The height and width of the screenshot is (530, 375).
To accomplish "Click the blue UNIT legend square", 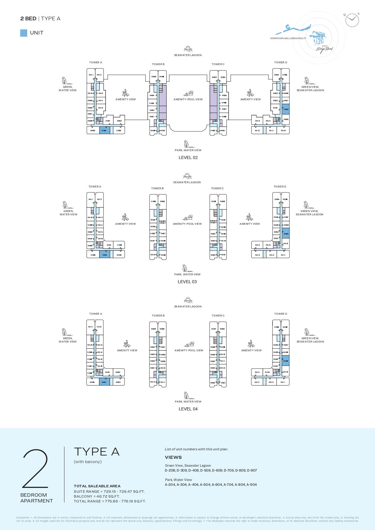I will (24, 33).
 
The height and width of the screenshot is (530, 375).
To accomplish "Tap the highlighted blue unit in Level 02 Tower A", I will (104, 130).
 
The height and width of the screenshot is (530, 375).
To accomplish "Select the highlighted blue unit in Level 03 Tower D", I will (285, 234).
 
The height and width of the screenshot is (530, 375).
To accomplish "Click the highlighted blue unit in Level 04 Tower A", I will (104, 382).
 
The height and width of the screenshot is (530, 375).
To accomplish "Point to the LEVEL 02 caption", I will (188, 157).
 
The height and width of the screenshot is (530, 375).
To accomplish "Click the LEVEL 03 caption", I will (187, 282).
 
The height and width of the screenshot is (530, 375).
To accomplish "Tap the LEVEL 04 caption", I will (188, 409).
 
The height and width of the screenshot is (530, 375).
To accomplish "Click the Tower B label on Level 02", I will (158, 64).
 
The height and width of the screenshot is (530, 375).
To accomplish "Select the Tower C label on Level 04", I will (218, 316).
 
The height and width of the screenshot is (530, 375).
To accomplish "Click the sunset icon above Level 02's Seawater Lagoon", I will (188, 48).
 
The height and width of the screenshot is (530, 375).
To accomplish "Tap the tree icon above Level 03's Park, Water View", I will (185, 268).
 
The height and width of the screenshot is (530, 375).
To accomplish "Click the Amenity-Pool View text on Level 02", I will (188, 99).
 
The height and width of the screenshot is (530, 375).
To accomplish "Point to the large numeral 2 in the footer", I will (35, 469).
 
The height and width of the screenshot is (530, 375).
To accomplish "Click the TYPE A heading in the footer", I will (97, 452).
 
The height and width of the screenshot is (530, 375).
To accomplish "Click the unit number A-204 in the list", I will (170, 485).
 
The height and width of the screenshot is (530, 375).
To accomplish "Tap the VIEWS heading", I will (173, 457).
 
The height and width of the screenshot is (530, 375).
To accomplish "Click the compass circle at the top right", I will (352, 20).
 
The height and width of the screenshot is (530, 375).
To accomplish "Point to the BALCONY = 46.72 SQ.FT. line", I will (97, 496).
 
